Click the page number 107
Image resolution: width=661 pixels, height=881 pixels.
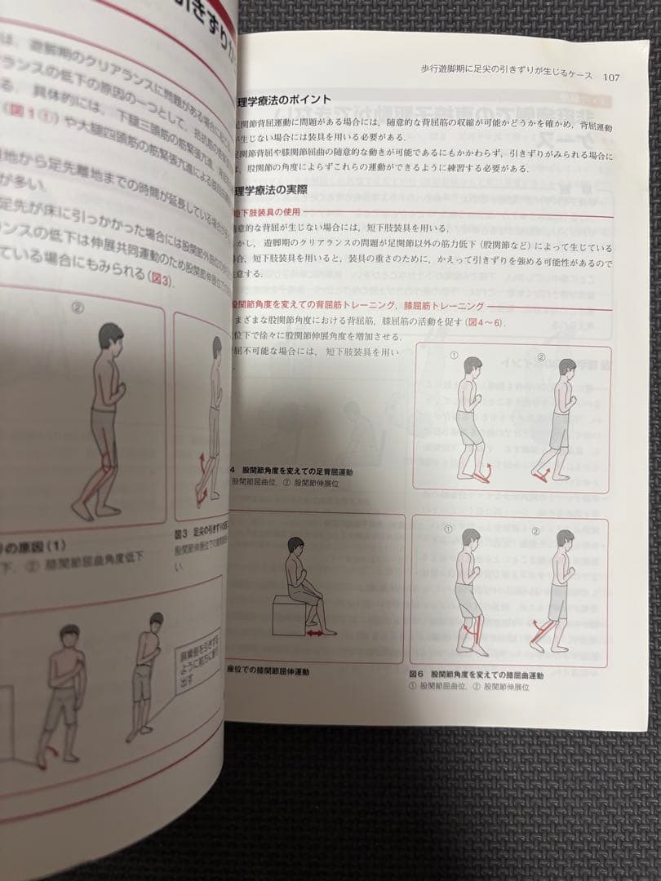(x=611, y=77)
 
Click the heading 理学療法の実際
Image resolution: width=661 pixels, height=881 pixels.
(x=273, y=191)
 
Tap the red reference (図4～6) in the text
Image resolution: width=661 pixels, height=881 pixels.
(x=508, y=321)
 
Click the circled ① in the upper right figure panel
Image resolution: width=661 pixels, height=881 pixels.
(x=455, y=357)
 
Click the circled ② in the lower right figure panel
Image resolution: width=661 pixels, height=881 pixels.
(x=539, y=530)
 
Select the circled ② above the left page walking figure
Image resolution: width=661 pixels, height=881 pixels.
(x=78, y=308)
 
